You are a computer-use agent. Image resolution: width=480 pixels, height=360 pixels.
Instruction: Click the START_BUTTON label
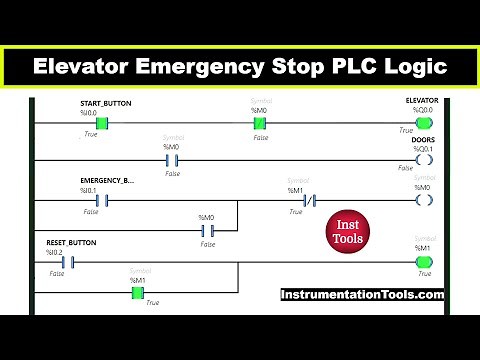click(x=105, y=103)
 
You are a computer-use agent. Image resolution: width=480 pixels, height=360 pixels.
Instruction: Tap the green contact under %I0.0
click(x=101, y=123)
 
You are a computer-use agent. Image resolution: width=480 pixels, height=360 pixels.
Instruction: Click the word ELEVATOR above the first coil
click(x=422, y=102)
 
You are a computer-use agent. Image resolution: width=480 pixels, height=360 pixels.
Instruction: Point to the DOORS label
click(x=425, y=140)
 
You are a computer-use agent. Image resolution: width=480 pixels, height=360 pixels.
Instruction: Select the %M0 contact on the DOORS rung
click(x=170, y=159)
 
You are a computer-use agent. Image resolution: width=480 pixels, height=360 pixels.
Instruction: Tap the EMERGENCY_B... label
click(x=106, y=179)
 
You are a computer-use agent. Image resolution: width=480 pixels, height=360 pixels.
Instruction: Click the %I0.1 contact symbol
click(x=101, y=199)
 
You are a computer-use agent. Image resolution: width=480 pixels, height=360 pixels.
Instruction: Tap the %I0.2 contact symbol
click(x=68, y=263)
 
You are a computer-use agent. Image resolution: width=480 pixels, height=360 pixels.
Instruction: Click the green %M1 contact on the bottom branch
click(x=137, y=293)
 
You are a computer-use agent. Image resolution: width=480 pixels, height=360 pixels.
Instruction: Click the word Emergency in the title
click(x=200, y=67)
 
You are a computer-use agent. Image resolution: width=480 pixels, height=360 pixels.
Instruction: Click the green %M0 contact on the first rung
click(x=260, y=123)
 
